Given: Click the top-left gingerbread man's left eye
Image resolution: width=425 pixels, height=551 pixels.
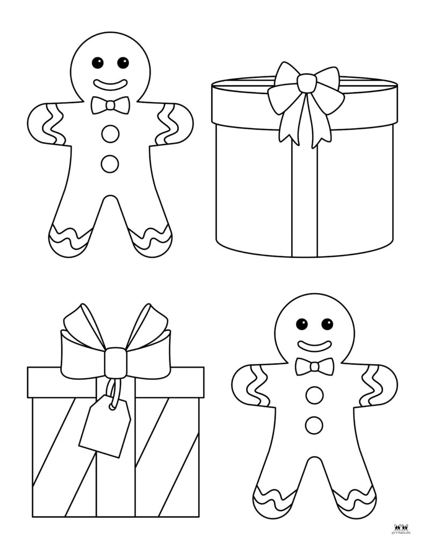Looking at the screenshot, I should point(98,62).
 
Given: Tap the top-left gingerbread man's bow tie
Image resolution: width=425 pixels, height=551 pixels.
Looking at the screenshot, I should point(110,105).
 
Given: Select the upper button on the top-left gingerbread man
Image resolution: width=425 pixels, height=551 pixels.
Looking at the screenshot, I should point(110,134).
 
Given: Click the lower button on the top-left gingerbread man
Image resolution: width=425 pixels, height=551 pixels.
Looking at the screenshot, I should point(110,164).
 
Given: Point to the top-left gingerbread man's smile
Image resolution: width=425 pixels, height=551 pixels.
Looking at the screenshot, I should point(111,84).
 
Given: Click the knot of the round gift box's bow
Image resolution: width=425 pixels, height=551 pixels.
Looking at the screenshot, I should point(306,83).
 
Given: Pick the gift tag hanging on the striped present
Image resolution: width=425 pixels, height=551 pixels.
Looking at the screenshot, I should point(105,430).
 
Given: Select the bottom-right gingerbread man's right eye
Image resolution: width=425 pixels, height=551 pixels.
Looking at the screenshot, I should point(327,324).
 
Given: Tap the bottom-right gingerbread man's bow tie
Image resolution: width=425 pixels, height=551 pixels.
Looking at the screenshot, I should point(314,367).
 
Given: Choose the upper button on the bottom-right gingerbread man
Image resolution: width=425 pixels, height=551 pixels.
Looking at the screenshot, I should point(314,396).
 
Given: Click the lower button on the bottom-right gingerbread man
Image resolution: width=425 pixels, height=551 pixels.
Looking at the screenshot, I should point(314,425).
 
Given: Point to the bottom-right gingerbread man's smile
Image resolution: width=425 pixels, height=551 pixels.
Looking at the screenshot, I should point(314,345).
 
